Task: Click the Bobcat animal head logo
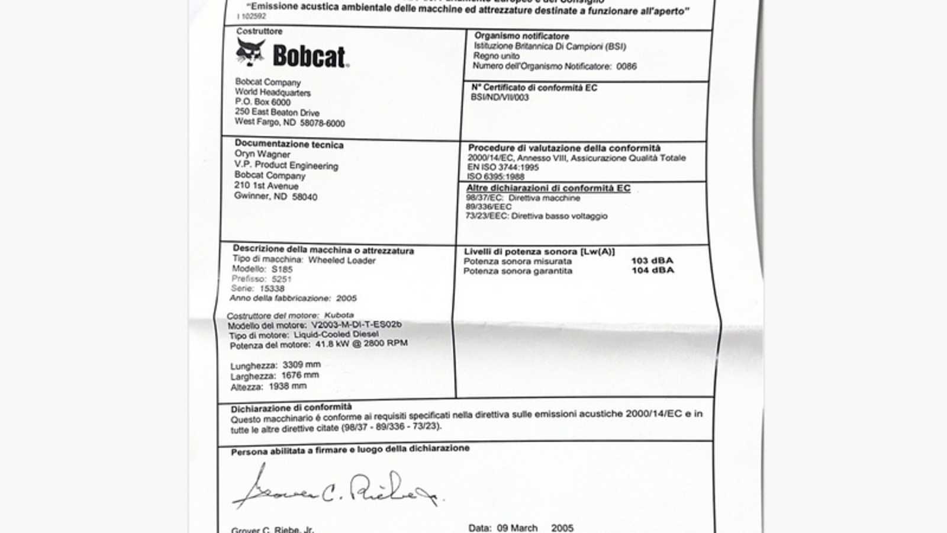[x=250, y=52]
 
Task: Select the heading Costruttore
[x=259, y=31]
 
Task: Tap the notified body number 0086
[x=626, y=66]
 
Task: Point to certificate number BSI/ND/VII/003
[x=500, y=97]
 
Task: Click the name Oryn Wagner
[x=262, y=154]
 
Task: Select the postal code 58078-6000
[x=322, y=123]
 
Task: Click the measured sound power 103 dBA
[x=652, y=261]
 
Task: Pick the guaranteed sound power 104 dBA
[x=652, y=270]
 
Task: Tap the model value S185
[x=282, y=269]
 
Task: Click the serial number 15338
[x=272, y=288]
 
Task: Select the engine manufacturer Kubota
[x=339, y=315]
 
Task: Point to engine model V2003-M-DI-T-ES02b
[x=356, y=325]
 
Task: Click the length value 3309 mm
[x=301, y=365]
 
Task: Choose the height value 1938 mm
[x=288, y=386]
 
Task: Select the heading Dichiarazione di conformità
[x=291, y=408]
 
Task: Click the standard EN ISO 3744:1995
[x=503, y=168]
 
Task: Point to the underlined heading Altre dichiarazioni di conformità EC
[x=548, y=188]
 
